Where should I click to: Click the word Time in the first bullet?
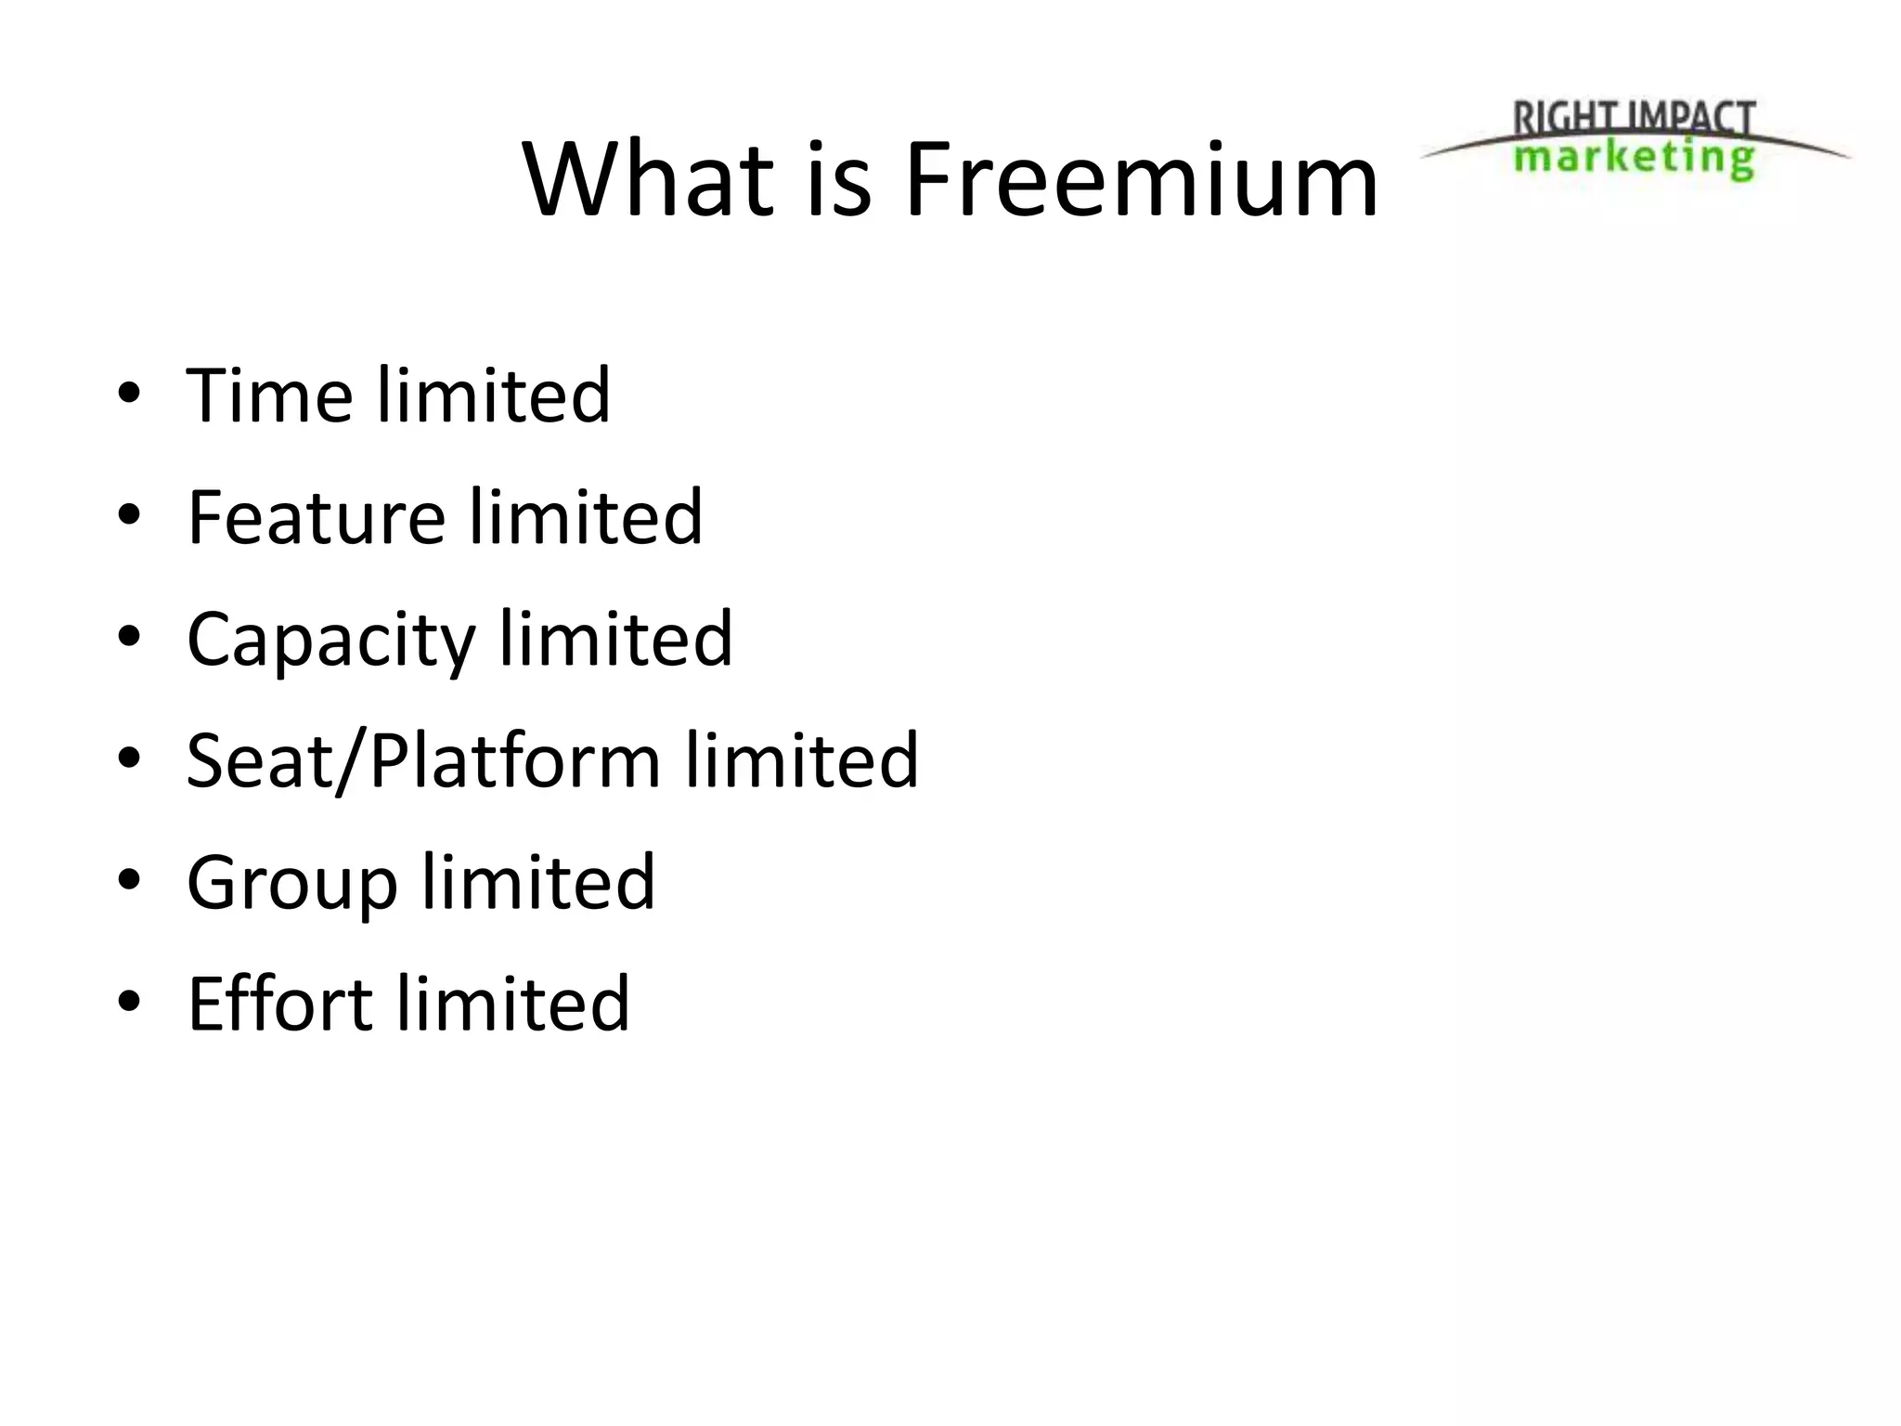tap(269, 395)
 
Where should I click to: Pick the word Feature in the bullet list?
tap(317, 517)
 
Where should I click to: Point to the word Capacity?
tap(330, 641)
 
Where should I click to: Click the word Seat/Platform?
tap(423, 761)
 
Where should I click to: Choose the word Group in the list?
tap(292, 884)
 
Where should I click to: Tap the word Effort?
tap(279, 1004)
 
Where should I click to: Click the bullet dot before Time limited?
tap(129, 394)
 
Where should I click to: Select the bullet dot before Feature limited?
tap(129, 515)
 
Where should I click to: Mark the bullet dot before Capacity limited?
tap(129, 637)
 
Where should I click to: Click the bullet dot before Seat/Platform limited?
tap(129, 758)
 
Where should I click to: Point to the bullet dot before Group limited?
tap(129, 880)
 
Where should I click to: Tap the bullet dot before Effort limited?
tap(129, 1002)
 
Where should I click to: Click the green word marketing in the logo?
tap(1634, 157)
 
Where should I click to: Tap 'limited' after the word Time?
tap(494, 395)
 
